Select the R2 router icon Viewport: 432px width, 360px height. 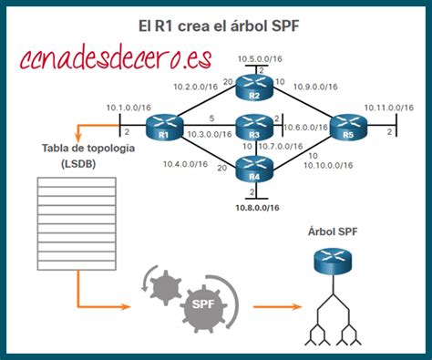click(x=254, y=88)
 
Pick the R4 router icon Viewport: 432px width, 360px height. click(x=254, y=168)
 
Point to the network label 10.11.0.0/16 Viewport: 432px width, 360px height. click(x=386, y=107)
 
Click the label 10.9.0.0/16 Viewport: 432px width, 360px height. click(x=317, y=87)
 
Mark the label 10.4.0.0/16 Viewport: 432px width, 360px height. click(x=184, y=164)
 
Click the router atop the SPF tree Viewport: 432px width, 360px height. click(x=334, y=262)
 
